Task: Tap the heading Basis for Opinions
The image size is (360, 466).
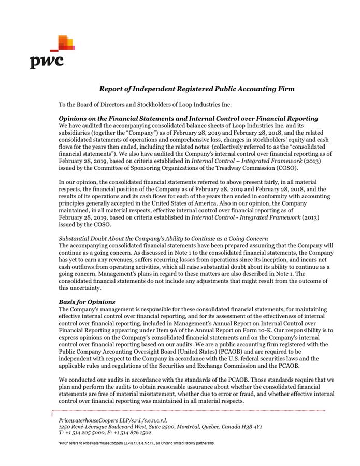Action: tap(87, 301)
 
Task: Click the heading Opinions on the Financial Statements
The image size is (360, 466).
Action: tap(188, 119)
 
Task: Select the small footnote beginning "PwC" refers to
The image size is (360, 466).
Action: tap(136, 444)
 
